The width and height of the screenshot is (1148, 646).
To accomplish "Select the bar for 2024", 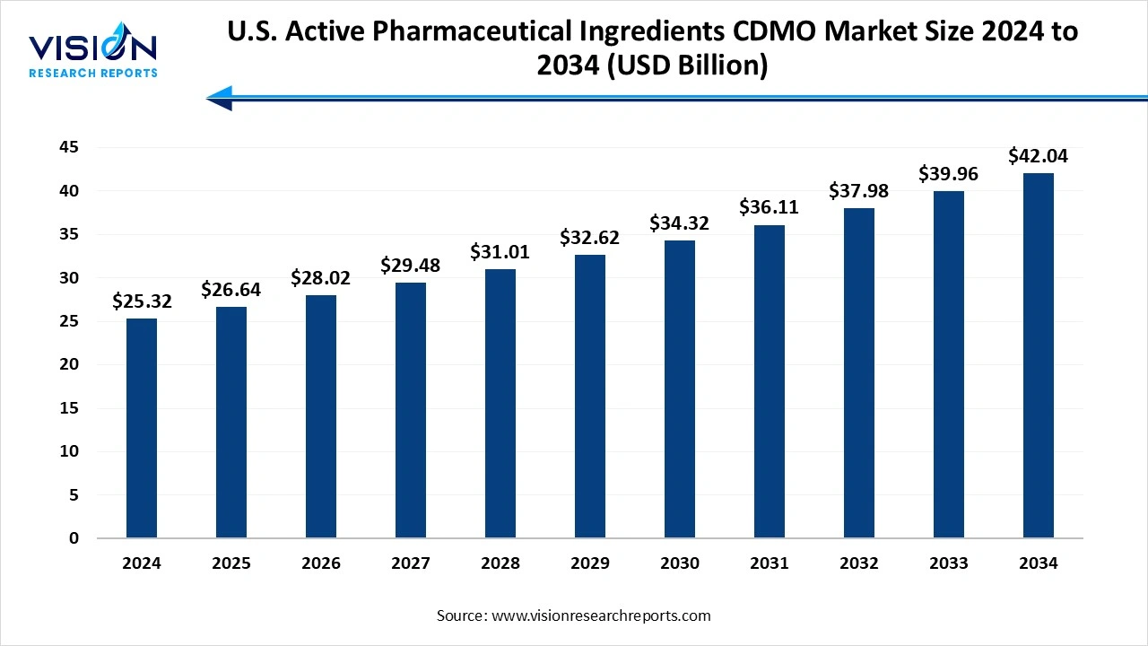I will [142, 428].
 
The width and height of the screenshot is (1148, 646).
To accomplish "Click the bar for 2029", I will [590, 396].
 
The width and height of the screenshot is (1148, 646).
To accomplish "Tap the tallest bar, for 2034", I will [1039, 355].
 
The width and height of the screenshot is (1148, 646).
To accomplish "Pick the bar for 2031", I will [770, 381].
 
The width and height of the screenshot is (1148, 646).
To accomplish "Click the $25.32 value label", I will [142, 302].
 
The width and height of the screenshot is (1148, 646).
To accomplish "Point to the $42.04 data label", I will [1039, 156].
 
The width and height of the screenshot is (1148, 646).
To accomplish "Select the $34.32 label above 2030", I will [680, 223].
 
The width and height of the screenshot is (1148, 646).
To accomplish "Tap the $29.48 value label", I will [411, 266].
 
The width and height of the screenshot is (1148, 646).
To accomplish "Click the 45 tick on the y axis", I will [69, 147].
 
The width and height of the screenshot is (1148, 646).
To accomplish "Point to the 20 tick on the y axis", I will [69, 364].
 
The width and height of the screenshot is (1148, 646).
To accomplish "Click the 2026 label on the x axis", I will [321, 563].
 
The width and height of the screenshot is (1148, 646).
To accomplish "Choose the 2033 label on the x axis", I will [949, 563].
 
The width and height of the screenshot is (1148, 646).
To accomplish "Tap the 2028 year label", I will [500, 563].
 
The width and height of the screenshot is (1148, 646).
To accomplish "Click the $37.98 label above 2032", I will [859, 192].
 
